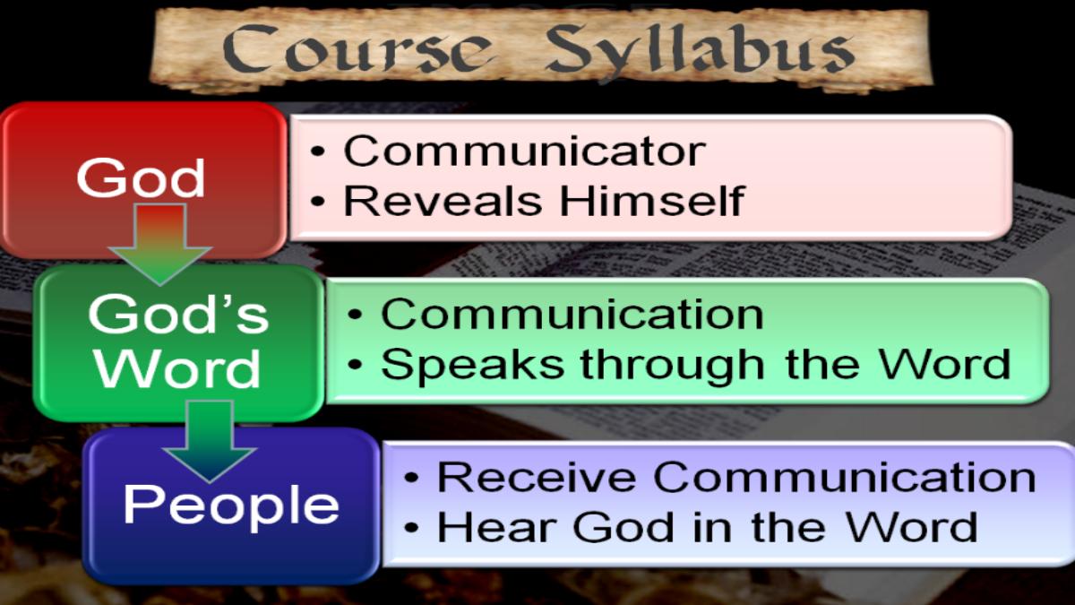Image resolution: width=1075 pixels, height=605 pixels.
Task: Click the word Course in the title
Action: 357,48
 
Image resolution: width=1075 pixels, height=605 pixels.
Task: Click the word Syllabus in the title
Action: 701,51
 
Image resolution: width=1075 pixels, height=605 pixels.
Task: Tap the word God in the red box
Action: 141,177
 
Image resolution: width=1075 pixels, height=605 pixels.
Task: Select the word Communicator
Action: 525,151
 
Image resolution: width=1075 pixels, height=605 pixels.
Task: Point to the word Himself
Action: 652,200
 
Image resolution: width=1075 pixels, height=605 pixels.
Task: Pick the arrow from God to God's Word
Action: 159,245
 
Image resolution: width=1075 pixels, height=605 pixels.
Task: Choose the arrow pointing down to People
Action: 210,441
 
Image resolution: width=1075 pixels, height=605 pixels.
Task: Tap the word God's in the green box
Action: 178,314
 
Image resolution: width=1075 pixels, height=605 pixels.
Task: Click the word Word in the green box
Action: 178,368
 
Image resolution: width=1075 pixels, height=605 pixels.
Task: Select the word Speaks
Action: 472,365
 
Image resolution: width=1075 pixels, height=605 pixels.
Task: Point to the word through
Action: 672,366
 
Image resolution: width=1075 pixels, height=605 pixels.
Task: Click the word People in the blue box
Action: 231,506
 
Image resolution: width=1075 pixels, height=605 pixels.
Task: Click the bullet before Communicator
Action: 318,151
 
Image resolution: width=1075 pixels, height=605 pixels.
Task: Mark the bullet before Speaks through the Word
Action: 355,365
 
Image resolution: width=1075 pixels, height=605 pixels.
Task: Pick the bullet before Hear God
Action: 411,527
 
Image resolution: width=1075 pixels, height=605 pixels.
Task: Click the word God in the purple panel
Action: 623,527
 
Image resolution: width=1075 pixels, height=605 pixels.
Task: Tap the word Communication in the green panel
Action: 572,314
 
